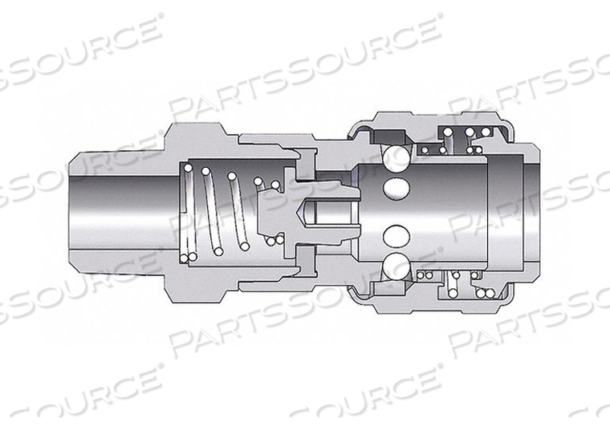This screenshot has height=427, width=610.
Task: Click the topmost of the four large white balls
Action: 396,157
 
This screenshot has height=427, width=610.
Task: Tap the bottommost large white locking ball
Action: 396,266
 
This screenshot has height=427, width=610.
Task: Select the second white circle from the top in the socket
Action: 396,188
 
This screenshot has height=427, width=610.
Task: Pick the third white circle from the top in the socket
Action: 396,236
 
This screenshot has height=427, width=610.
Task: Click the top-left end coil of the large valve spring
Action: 188,169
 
